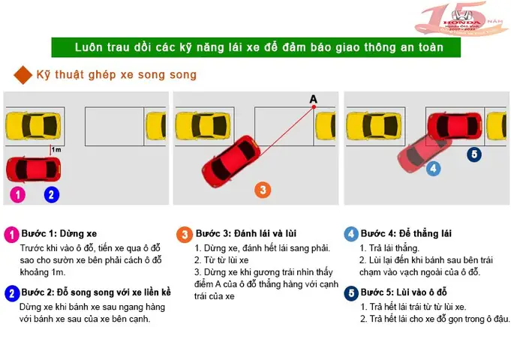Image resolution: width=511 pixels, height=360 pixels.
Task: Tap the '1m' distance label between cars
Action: (x=57, y=150)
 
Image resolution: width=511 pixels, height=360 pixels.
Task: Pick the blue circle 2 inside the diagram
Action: (x=51, y=194)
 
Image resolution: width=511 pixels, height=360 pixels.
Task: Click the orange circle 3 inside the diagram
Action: (x=262, y=190)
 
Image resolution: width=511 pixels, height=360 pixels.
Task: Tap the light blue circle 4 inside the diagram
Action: (x=432, y=169)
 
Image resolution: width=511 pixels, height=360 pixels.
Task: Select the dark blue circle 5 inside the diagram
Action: (x=473, y=154)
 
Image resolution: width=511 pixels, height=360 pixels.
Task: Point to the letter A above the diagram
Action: (x=313, y=99)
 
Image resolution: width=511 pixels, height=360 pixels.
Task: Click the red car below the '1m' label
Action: (x=32, y=168)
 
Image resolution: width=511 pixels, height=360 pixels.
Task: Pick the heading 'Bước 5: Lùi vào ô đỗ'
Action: (x=403, y=292)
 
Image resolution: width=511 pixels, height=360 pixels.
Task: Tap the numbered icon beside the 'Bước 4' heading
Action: (x=350, y=234)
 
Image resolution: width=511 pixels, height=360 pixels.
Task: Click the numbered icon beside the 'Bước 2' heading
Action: (x=11, y=292)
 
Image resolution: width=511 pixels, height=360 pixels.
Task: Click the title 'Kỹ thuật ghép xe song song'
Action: (x=116, y=75)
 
